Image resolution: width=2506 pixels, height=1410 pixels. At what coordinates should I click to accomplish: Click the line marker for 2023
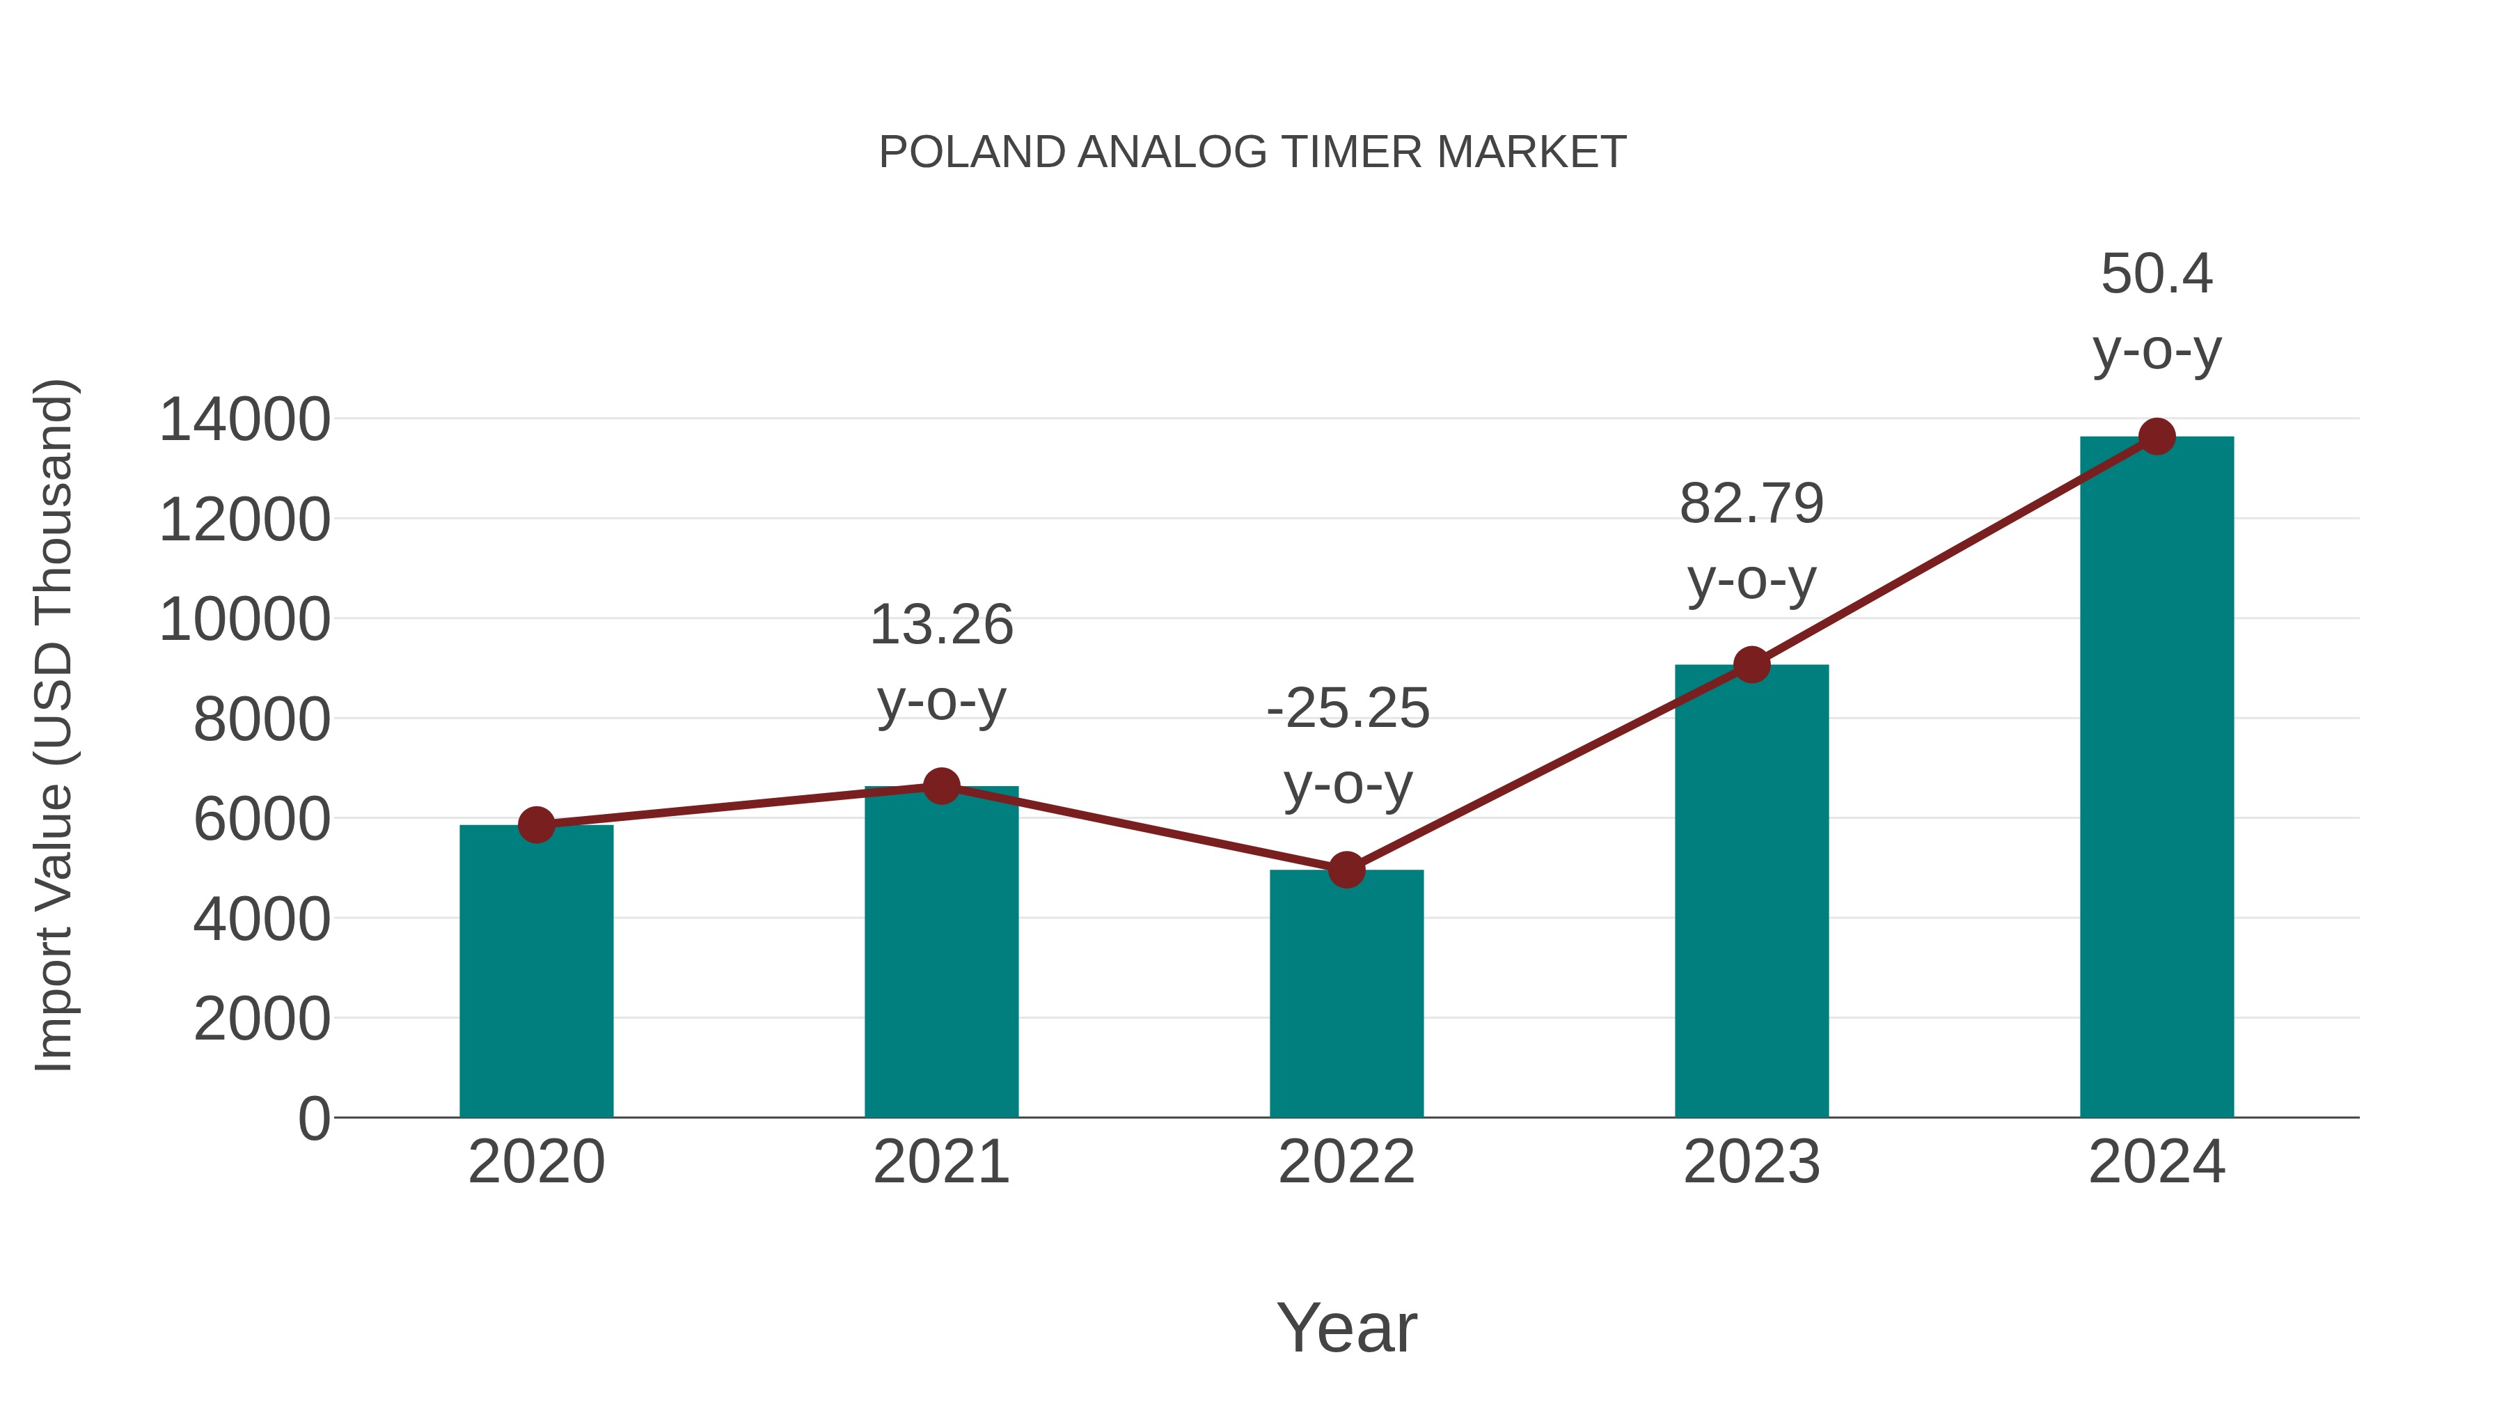[1752, 666]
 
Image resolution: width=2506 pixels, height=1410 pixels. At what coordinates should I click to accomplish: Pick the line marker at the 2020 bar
[536, 825]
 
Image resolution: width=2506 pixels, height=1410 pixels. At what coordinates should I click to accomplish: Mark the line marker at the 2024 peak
[2157, 437]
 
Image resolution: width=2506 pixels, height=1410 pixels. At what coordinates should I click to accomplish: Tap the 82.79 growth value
[1752, 504]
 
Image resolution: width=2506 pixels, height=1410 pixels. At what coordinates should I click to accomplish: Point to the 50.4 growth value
[2157, 274]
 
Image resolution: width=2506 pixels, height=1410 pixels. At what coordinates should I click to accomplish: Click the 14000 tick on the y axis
[244, 421]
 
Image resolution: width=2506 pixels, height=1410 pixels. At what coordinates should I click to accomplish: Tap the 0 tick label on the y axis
[313, 1119]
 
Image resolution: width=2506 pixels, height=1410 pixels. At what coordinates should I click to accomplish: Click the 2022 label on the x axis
[1346, 1162]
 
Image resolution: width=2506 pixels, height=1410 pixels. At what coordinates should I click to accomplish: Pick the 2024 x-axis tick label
[2157, 1162]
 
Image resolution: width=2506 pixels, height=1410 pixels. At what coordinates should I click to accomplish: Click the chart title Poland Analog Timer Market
[1252, 152]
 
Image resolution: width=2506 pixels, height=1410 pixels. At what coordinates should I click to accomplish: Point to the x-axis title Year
[1346, 1327]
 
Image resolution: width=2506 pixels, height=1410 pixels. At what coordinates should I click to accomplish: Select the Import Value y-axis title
[54, 725]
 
